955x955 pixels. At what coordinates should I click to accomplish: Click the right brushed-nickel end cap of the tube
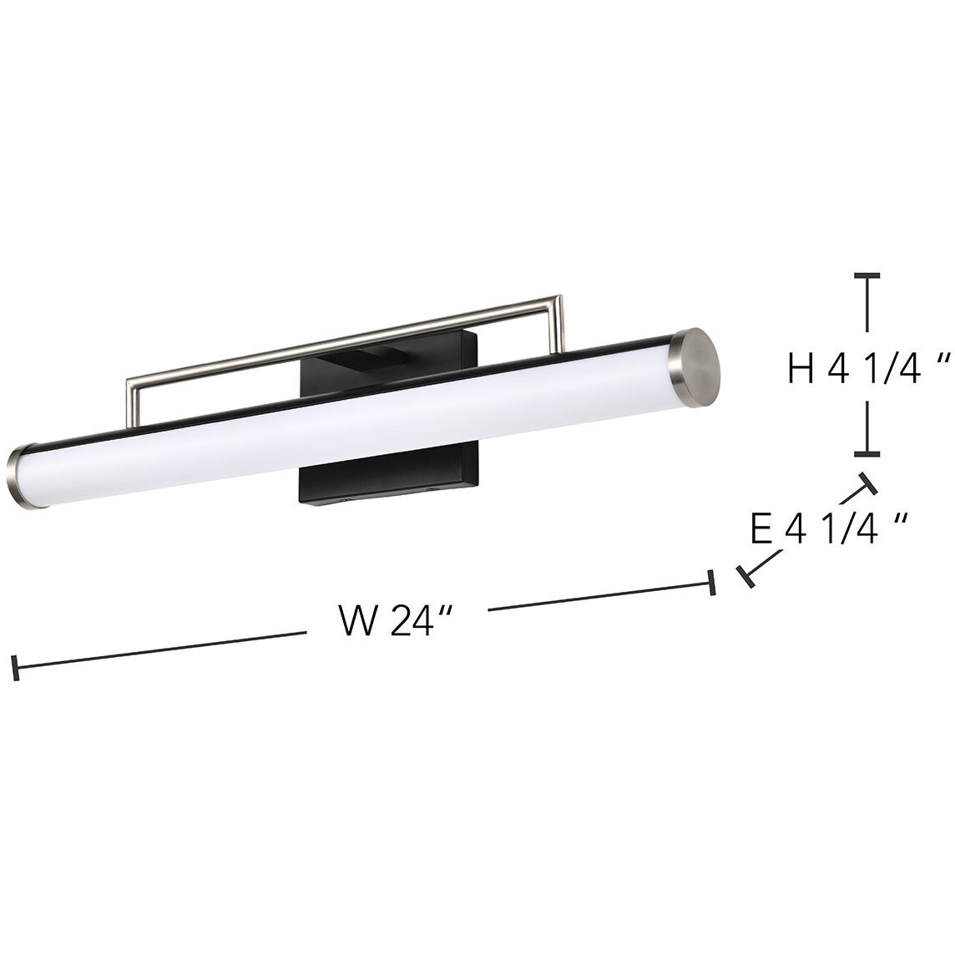(696, 368)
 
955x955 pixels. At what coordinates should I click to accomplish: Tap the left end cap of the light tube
(21, 478)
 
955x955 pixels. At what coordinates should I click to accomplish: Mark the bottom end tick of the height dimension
(867, 453)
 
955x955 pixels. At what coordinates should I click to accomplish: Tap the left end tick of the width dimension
(14, 667)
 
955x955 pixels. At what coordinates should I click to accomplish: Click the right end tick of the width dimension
(711, 582)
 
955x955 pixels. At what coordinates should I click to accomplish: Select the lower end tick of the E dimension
(745, 577)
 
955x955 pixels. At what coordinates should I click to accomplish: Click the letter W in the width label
(357, 621)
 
